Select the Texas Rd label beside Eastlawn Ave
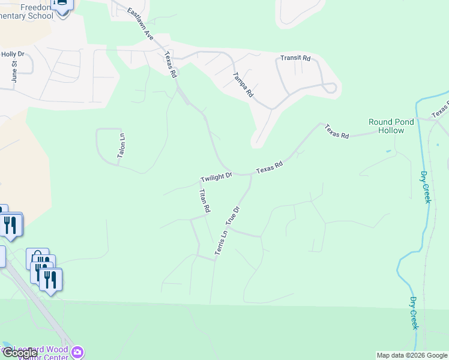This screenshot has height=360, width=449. [170, 65]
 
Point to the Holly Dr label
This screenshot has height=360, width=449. [12, 54]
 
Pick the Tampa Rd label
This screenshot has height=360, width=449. [243, 85]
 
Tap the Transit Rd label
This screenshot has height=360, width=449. [295, 58]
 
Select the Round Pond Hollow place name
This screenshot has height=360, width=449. [391, 126]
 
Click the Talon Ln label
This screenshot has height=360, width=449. [121, 145]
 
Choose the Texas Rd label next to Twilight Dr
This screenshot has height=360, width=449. [269, 167]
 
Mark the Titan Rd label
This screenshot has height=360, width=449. [204, 201]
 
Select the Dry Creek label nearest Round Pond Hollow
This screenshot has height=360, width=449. [425, 187]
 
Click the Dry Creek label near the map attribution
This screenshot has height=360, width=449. [414, 313]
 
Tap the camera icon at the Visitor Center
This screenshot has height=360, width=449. [77, 352]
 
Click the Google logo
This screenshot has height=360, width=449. [20, 353]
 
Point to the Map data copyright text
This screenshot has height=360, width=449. [411, 355]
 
